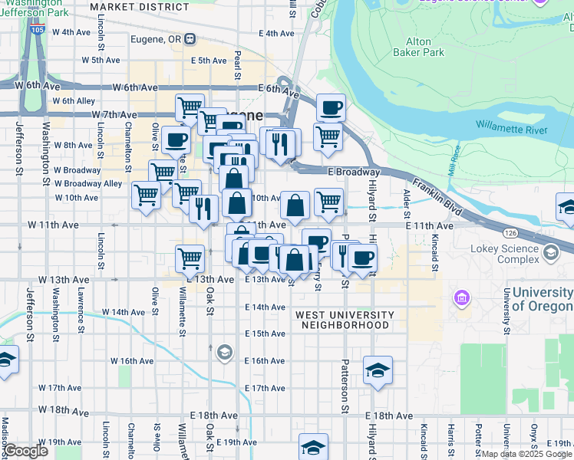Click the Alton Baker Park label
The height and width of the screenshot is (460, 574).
tap(424, 47)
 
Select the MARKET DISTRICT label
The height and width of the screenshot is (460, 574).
tap(139, 7)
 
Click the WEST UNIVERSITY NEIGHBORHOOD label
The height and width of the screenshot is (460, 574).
tap(345, 320)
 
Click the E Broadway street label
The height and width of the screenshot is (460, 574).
tap(354, 172)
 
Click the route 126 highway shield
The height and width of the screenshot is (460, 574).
tap(510, 231)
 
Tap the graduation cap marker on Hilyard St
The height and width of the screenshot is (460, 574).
tap(378, 371)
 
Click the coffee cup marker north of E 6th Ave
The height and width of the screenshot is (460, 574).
tap(331, 108)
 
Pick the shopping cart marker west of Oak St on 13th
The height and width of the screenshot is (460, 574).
tap(190, 258)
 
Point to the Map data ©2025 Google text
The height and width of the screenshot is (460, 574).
tap(526, 454)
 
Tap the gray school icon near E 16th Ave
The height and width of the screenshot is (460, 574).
tap(224, 352)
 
